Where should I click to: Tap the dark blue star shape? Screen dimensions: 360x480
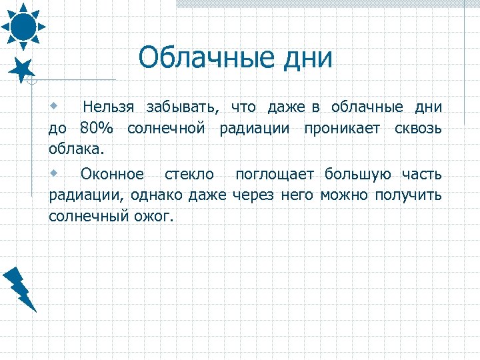[x=23, y=69]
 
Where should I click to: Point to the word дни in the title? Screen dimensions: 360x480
[x=307, y=58]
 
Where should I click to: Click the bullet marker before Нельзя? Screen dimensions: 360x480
[x=54, y=106]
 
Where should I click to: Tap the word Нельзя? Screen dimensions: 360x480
[x=109, y=107]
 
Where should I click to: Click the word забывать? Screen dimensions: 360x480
[x=183, y=107]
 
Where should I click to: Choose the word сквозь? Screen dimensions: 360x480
[x=417, y=127]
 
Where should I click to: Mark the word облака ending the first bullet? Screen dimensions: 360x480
[x=75, y=147]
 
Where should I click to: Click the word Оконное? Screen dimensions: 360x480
[x=112, y=175]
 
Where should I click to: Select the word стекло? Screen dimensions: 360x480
[x=189, y=175]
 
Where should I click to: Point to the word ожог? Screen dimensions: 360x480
[x=155, y=215]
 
